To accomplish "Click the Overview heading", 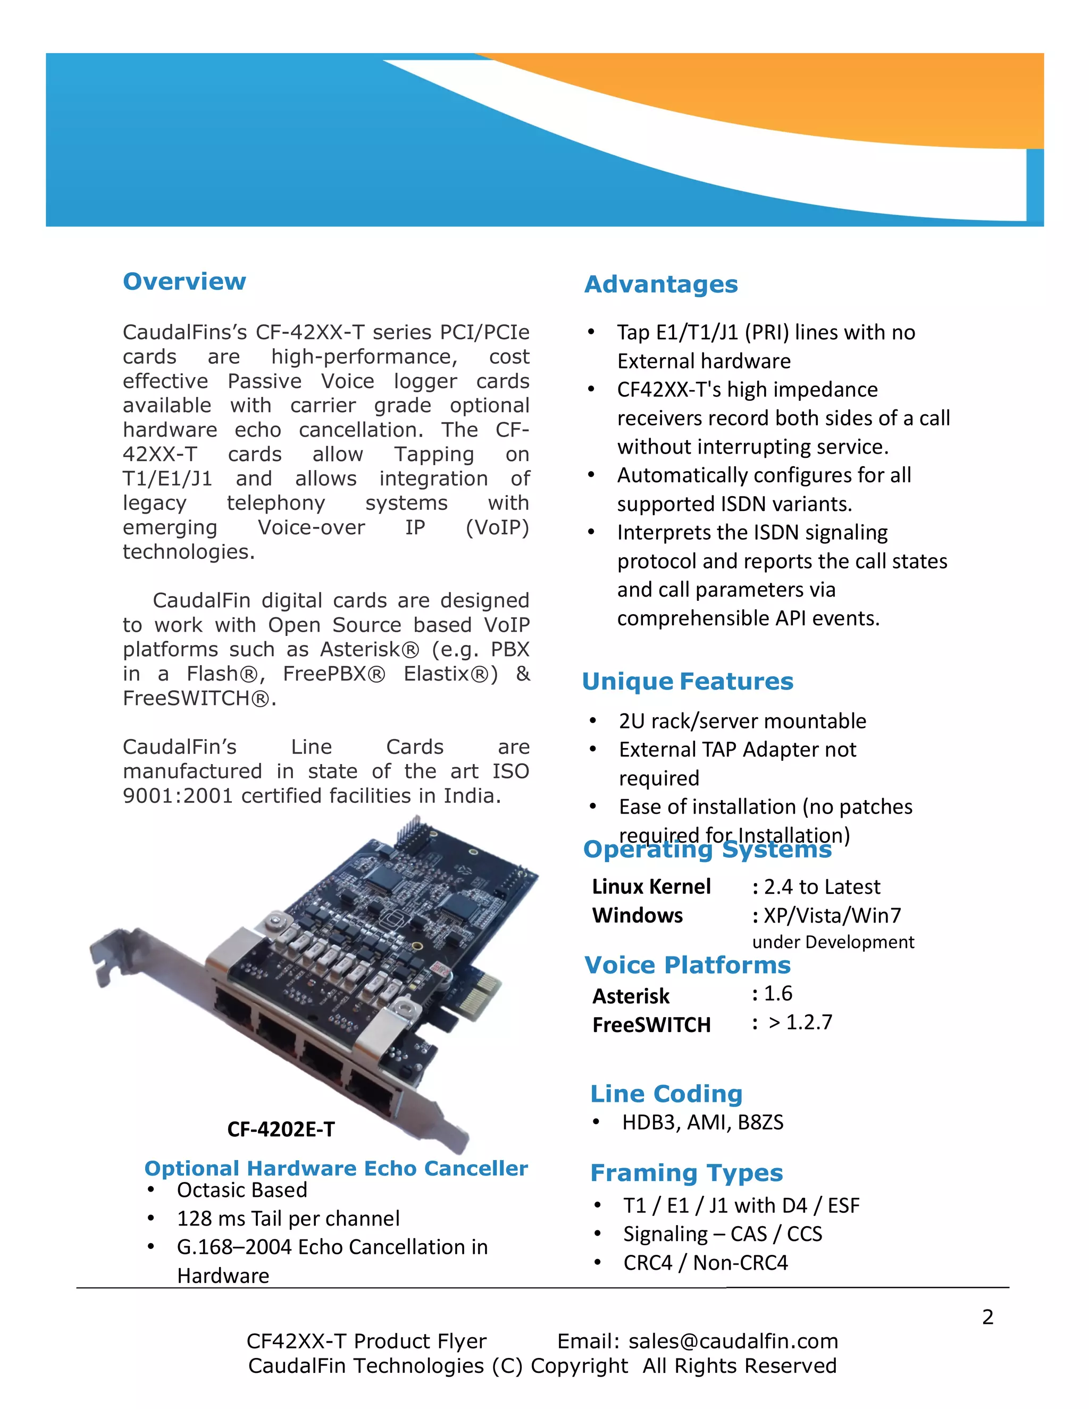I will coord(185,281).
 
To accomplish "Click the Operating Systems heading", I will coord(707,850).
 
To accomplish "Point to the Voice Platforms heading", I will coord(687,965).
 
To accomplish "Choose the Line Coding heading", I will coord(666,1094).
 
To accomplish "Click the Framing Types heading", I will coord(686,1173).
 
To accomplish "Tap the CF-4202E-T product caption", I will coord(281,1129).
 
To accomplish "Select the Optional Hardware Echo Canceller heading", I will coord(336,1168).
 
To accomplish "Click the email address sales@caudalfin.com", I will coord(733,1341).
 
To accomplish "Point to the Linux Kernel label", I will coord(651,886).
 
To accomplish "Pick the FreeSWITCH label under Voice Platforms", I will coord(651,1025).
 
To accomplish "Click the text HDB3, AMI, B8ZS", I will coord(702,1122).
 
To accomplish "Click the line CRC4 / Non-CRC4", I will coord(705,1263).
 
